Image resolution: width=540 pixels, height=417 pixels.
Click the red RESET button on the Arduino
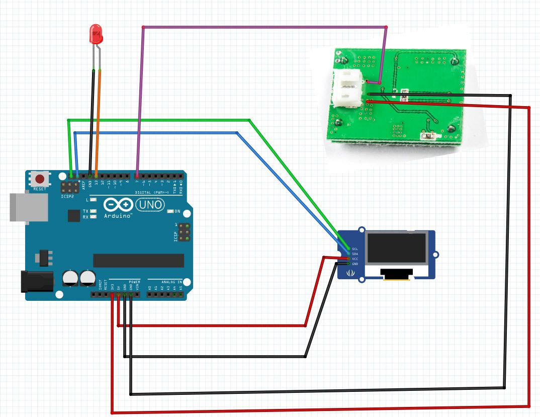[39, 179]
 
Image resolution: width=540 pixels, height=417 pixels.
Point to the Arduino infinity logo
[119, 205]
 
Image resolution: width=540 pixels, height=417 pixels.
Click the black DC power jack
[36, 282]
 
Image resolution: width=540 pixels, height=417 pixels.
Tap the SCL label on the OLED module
[355, 249]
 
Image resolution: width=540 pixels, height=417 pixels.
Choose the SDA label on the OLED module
[355, 254]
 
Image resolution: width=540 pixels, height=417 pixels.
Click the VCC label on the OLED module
[355, 259]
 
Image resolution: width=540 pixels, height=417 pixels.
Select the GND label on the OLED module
[355, 264]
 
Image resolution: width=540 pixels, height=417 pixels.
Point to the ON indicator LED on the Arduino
[170, 211]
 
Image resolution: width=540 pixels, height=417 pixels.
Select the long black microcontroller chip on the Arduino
[138, 260]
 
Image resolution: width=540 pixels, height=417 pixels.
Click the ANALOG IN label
[171, 282]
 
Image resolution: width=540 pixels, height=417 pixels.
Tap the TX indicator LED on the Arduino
[94, 211]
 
